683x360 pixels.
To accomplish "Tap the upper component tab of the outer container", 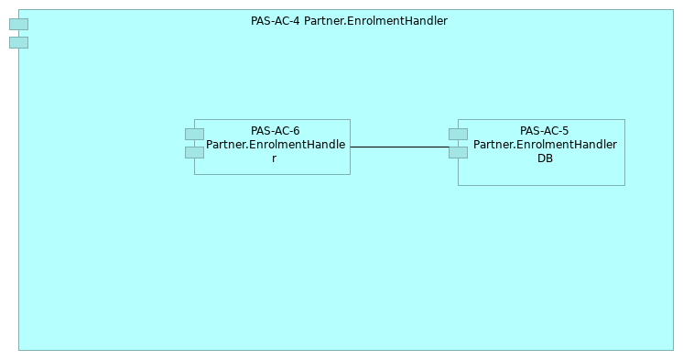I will click(18, 24).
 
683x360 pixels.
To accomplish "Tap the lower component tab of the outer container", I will click(18, 42).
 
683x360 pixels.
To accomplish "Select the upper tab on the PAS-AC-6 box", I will click(194, 134).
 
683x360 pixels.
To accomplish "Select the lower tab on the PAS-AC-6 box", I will click(194, 152).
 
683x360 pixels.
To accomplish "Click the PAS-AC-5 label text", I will click(544, 131).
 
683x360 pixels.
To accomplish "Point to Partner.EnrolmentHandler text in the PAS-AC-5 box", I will click(545, 145).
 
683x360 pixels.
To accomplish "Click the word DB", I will click(545, 158).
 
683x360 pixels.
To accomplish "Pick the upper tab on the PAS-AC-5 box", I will click(458, 134).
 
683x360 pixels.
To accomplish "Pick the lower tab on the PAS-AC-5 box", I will click(458, 152).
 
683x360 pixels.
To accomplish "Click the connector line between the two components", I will click(399, 147).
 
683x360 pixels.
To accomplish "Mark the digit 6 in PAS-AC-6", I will click(296, 131).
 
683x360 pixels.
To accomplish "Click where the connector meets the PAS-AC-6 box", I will click(351, 147).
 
